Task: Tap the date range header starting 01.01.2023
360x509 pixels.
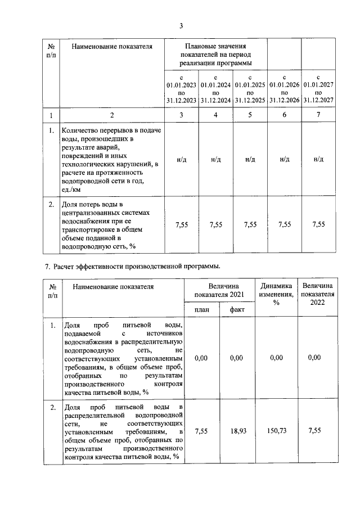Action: (181, 88)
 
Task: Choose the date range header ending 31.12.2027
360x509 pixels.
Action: (318, 88)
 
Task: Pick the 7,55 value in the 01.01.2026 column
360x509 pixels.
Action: (284, 224)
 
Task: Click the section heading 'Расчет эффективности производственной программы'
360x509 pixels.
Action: (137, 265)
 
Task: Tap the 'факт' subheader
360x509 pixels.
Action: (236, 309)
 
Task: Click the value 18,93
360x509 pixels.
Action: (236, 431)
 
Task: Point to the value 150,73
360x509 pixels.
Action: (276, 431)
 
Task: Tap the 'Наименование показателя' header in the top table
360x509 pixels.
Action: (112, 46)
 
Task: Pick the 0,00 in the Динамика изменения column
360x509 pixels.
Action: (276, 357)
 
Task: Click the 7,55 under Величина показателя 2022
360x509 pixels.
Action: (318, 431)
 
